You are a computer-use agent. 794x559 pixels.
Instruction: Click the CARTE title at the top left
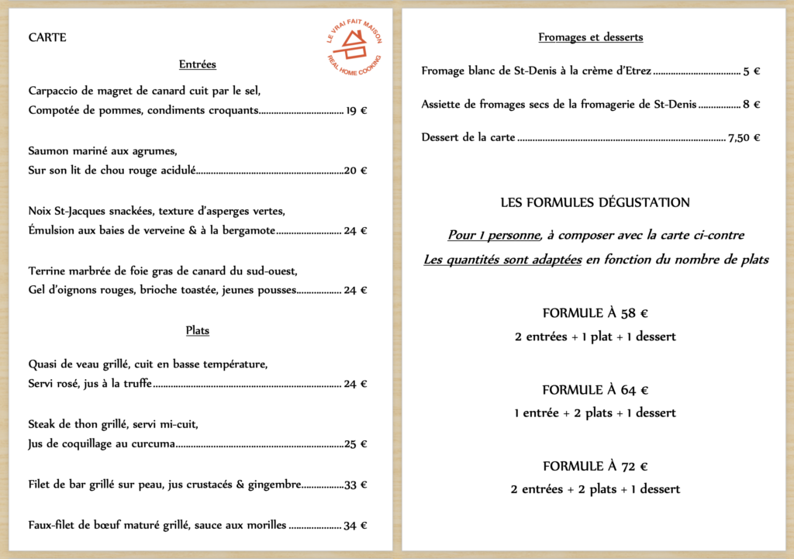click(47, 38)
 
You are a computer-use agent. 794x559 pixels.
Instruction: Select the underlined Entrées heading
click(197, 64)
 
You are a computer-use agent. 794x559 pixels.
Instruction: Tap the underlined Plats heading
click(198, 330)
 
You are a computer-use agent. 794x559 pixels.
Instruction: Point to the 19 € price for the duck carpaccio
click(357, 111)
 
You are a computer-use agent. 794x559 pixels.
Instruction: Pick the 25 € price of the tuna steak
click(356, 444)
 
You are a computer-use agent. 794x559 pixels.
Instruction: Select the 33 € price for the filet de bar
click(356, 485)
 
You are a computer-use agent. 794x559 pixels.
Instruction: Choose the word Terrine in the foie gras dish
click(47, 271)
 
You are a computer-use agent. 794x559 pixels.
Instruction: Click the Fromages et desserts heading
click(591, 37)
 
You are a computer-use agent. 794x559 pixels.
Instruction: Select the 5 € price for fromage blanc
click(751, 71)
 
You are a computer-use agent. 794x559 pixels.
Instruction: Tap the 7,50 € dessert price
click(744, 138)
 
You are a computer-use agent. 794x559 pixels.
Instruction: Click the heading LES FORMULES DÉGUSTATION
click(595, 203)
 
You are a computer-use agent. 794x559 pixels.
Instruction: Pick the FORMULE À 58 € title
click(595, 314)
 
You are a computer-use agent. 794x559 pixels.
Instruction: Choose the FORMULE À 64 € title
click(595, 390)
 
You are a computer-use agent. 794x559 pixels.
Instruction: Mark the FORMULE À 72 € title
click(595, 467)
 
